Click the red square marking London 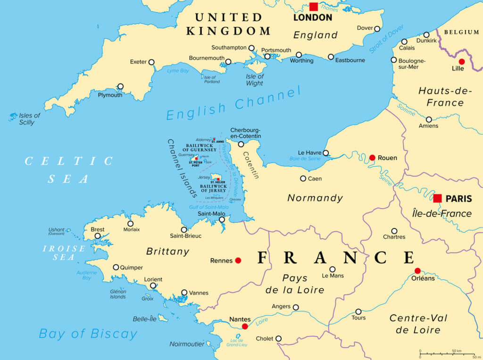[314, 7]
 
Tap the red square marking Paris [438, 198]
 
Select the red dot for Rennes [238, 260]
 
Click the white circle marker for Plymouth [121, 86]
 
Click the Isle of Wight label [255, 80]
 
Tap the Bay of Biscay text [88, 334]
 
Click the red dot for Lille [461, 62]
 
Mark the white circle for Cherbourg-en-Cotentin [241, 144]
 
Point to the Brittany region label [167, 251]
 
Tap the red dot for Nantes [245, 326]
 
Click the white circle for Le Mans [333, 269]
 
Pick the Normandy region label [315, 198]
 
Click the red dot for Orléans [417, 270]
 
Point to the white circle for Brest [98, 236]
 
